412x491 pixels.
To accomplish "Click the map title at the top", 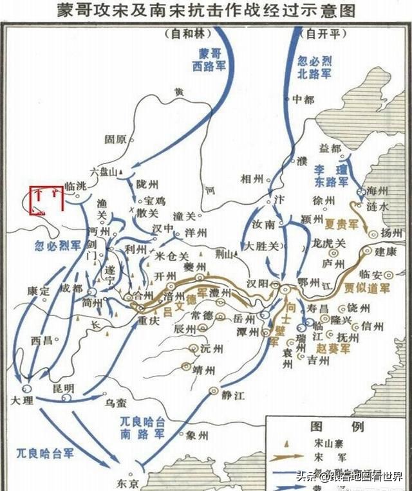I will [x=205, y=10].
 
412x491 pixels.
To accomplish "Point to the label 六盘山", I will [x=104, y=172].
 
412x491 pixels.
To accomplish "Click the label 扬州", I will [x=391, y=232].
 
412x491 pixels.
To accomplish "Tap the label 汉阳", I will [x=260, y=284].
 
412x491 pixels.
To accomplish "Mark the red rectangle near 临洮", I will [x=46, y=198].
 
